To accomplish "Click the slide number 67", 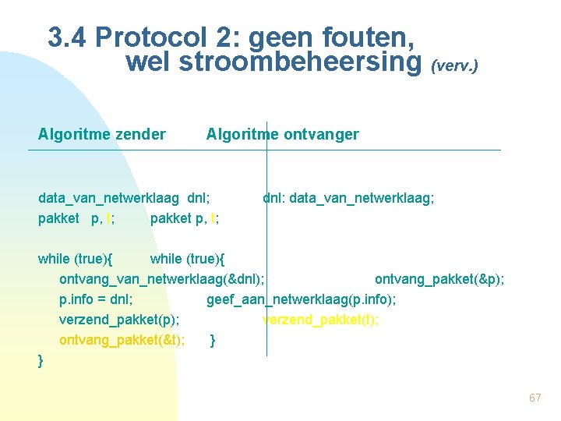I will click(x=535, y=398).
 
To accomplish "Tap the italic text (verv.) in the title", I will click(x=453, y=66).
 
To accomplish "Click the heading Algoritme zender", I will click(x=101, y=135).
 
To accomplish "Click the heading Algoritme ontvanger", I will click(x=282, y=135).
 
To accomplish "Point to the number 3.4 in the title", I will click(x=69, y=37).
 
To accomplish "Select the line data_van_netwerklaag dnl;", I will click(x=124, y=199).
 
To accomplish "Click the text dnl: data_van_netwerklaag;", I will click(x=348, y=199).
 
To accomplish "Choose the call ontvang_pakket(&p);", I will click(x=439, y=278).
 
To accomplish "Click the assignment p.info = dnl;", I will click(x=96, y=299).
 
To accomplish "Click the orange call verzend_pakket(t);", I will click(x=321, y=319).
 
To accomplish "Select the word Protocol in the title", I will click(x=145, y=37).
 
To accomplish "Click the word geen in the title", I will click(x=292, y=37).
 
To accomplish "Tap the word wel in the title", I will click(x=148, y=62).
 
